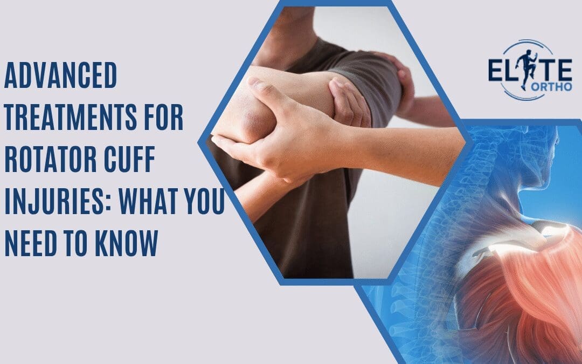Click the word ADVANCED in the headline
[60, 75]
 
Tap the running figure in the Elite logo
[521, 65]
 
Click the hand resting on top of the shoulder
[401, 75]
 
